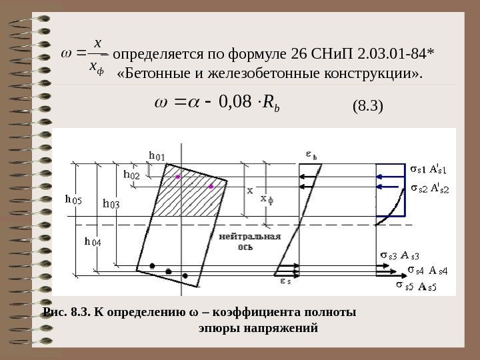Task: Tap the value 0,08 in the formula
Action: point(234,103)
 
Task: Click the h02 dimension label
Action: point(132,174)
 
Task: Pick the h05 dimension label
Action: point(73,199)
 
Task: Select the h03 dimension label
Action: point(111,203)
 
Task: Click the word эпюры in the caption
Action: point(218,328)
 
